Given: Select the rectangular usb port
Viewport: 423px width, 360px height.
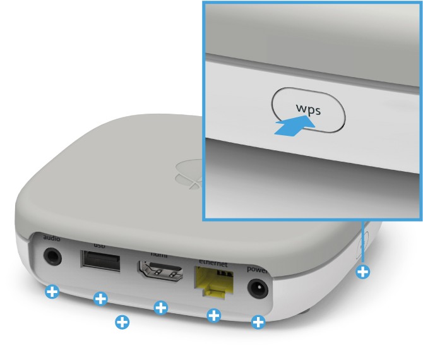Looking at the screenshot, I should pyautogui.click(x=100, y=261).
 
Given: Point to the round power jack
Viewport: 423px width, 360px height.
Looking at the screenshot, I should pyautogui.click(x=258, y=289).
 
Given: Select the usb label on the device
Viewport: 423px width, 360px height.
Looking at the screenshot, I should pyautogui.click(x=100, y=244).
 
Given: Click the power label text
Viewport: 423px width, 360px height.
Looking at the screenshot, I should pyautogui.click(x=257, y=269).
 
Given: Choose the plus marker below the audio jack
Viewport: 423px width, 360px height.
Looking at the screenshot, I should pyautogui.click(x=52, y=292).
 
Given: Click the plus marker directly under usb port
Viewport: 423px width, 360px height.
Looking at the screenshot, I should pyautogui.click(x=100, y=299).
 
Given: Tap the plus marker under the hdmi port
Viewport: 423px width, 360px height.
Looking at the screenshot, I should pyautogui.click(x=161, y=308).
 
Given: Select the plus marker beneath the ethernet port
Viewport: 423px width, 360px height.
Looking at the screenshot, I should pyautogui.click(x=214, y=315).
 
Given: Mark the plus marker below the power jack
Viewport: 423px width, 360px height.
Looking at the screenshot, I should pyautogui.click(x=258, y=323).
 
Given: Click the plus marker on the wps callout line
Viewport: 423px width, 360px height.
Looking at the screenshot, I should pyautogui.click(x=363, y=272).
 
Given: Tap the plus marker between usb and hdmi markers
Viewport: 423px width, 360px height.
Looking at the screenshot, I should pyautogui.click(x=122, y=322).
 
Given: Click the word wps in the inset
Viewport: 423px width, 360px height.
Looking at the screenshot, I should pyautogui.click(x=309, y=109).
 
